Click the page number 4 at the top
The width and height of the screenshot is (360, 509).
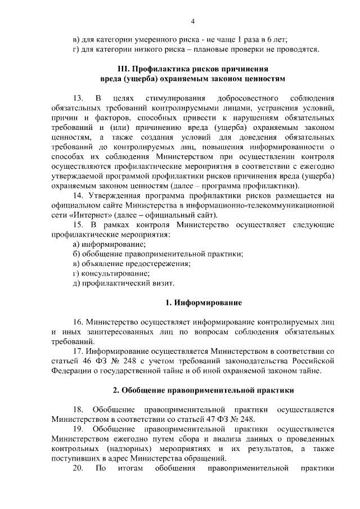[x=192, y=22]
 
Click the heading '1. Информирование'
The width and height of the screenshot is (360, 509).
[x=204, y=303]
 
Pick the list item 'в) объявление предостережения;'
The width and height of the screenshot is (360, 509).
[x=132, y=263]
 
